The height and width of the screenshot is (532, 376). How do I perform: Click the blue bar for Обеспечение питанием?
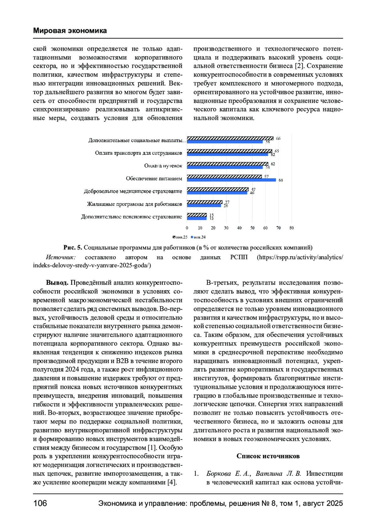(231, 180)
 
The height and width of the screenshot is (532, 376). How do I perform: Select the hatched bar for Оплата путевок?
(227, 164)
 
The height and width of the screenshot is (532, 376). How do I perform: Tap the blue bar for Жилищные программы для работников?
(204, 206)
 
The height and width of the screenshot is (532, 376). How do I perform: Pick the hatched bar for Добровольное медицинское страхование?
(217, 189)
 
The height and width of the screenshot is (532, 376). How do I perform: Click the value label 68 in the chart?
(281, 180)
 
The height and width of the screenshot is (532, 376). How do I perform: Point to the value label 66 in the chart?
(278, 138)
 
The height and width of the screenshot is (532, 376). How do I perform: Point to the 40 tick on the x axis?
(239, 228)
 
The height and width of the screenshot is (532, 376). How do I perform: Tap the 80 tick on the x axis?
(291, 228)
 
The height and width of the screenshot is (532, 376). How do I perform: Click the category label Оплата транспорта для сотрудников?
(138, 153)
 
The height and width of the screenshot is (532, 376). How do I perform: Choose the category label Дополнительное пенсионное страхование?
(132, 217)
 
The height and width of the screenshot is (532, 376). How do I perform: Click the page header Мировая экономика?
(70, 31)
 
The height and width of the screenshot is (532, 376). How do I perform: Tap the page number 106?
(40, 503)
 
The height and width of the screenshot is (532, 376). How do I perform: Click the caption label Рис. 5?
(73, 248)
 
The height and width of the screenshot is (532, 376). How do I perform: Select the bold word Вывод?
(57, 283)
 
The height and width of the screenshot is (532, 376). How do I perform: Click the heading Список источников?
(268, 456)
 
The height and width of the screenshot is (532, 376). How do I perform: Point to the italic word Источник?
(61, 257)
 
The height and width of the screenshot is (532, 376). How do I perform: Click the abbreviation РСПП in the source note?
(239, 257)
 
